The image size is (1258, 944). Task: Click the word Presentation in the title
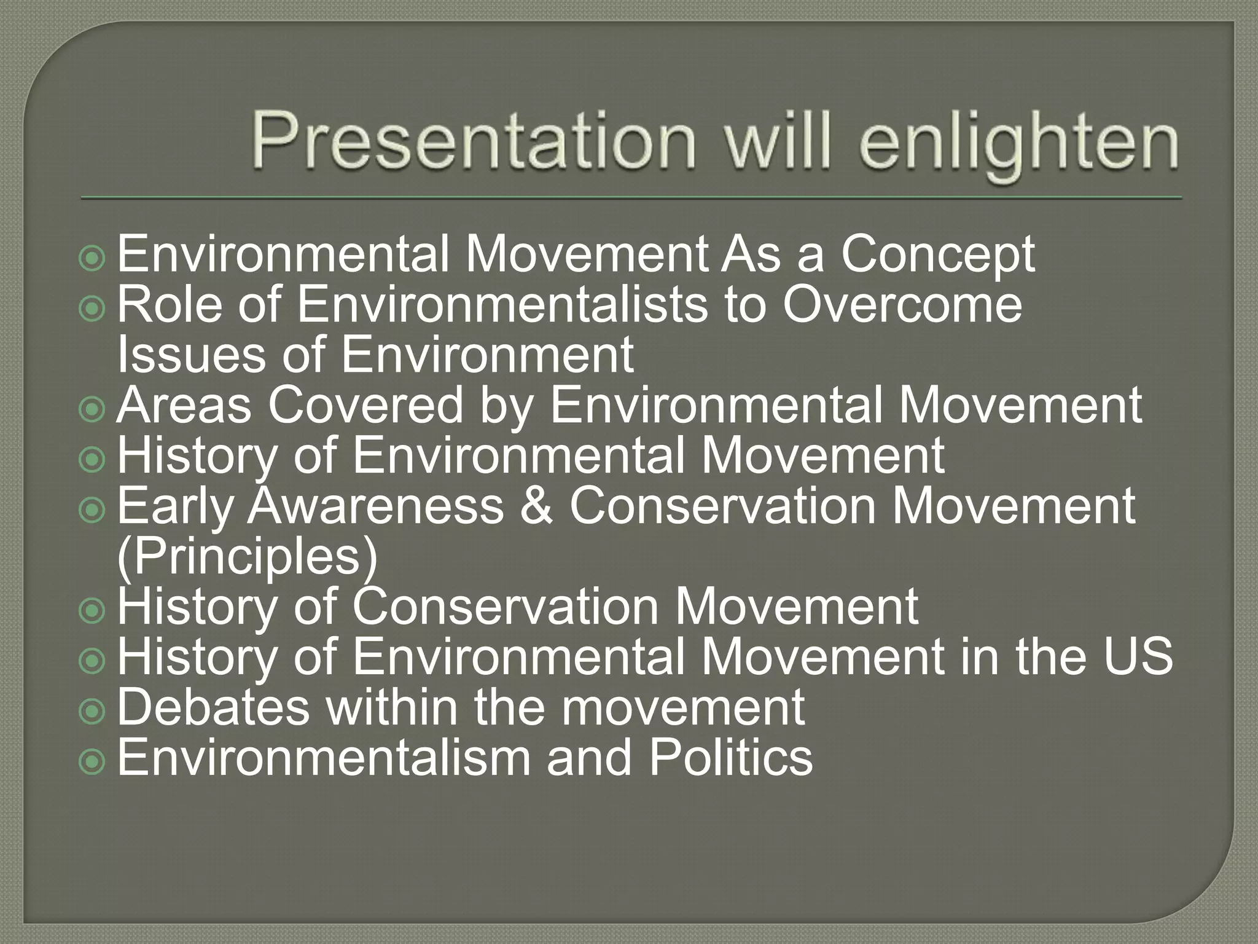click(x=473, y=141)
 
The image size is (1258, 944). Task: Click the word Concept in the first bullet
click(x=937, y=254)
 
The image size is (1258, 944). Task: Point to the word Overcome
click(x=902, y=305)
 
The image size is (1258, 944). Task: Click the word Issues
click(x=191, y=355)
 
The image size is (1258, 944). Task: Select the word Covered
click(x=365, y=406)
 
